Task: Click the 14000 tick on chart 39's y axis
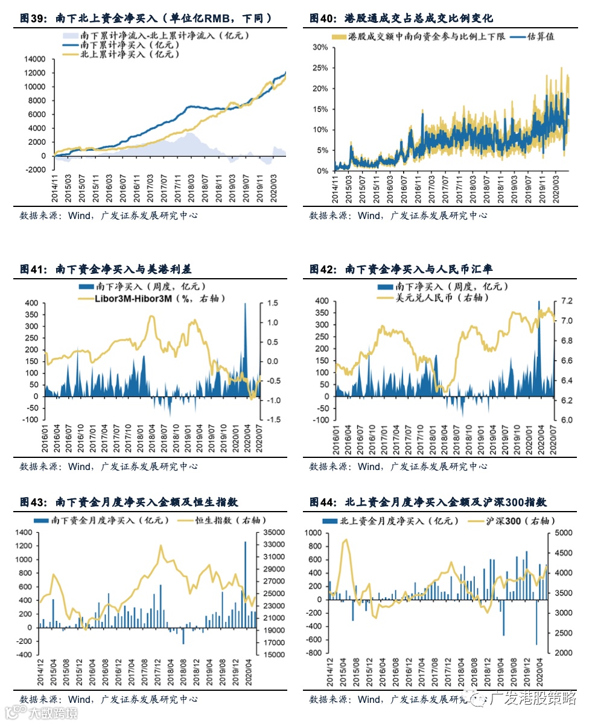36,59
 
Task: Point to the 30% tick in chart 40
320,47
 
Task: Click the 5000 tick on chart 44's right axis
558,533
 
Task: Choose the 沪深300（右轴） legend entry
520,520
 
